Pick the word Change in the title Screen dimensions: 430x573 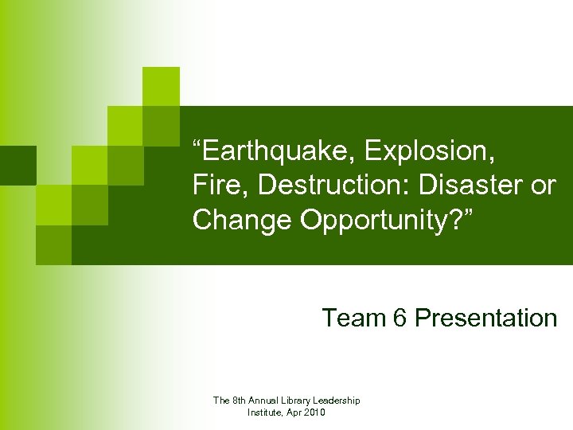coord(243,221)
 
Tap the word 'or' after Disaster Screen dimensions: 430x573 coord(542,185)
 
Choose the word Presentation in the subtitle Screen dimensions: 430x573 coord(486,318)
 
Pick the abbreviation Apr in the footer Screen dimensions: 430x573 coord(298,412)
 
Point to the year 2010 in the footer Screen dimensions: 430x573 coord(318,412)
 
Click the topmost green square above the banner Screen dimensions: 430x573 coord(161,86)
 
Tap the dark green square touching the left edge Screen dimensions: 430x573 coord(18,165)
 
